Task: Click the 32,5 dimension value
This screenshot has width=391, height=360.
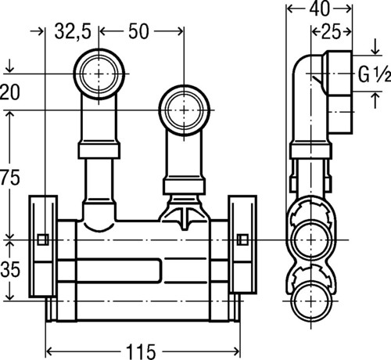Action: [73, 32]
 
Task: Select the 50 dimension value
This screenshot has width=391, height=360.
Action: [138, 31]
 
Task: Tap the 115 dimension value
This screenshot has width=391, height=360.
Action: [141, 352]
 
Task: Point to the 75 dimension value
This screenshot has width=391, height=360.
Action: [10, 178]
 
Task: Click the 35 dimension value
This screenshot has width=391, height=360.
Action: [10, 269]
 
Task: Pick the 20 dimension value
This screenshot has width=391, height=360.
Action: [10, 92]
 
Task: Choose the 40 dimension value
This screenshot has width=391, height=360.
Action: [319, 9]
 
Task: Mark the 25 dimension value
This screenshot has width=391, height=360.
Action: [331, 32]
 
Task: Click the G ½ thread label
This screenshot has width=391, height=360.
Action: [375, 74]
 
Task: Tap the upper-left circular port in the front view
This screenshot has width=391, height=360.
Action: [99, 74]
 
